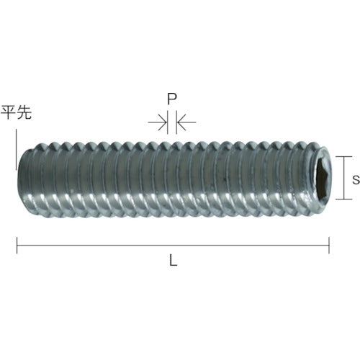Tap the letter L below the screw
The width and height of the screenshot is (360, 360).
point(173,262)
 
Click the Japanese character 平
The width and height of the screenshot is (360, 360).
point(9,113)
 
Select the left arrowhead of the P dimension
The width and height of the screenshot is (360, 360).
point(163,123)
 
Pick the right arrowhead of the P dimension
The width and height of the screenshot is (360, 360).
point(181,123)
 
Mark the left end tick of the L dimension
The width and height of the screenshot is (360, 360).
point(17,246)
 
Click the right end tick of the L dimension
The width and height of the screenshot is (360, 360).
point(330,246)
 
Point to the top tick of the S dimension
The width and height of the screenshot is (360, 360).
point(345,157)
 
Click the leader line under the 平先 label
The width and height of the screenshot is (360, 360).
point(14,148)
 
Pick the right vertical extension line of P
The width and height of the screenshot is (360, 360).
point(176,124)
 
